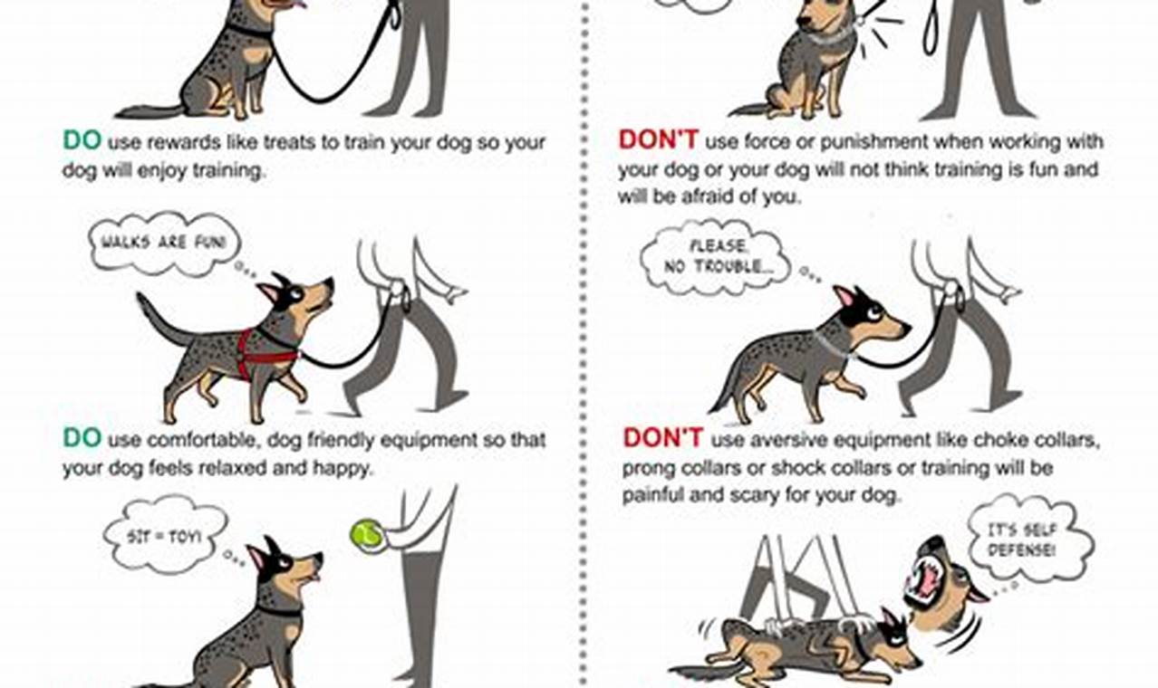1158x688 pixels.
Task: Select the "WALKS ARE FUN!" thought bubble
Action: [x=164, y=242]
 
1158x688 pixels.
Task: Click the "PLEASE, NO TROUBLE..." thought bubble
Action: [x=717, y=258]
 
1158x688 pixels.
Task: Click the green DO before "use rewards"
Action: [x=82, y=142]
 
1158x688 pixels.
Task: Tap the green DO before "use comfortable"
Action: [x=82, y=440]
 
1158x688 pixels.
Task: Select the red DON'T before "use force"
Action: [x=658, y=142]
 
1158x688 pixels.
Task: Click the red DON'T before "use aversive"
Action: [x=662, y=440]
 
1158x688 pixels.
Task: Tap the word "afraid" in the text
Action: [x=709, y=196]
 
